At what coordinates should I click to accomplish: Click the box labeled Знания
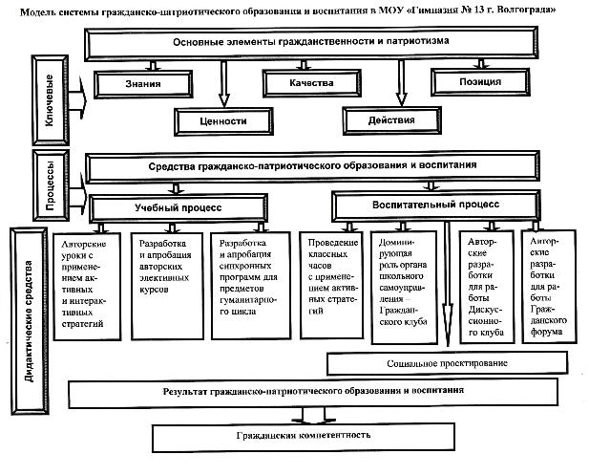[143, 84]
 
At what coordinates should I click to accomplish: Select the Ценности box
[223, 121]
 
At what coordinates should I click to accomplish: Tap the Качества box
[312, 83]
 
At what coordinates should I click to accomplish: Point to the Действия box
[391, 120]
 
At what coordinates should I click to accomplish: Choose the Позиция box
[480, 81]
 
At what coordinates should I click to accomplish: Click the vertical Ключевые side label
[50, 100]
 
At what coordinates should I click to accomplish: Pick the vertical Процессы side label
[51, 185]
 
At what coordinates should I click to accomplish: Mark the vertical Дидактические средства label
[30, 321]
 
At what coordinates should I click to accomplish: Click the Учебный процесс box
[179, 208]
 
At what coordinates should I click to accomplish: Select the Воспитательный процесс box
[435, 205]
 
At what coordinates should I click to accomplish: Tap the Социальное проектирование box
[447, 363]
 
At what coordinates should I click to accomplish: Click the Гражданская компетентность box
[304, 437]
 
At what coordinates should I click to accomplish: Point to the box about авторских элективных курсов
[167, 286]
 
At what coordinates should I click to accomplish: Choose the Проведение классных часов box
[331, 285]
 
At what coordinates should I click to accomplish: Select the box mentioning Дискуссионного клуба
[487, 287]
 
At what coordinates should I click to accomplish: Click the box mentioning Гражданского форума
[549, 287]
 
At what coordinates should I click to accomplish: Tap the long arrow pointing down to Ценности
[224, 84]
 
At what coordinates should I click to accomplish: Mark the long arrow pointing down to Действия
[401, 83]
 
